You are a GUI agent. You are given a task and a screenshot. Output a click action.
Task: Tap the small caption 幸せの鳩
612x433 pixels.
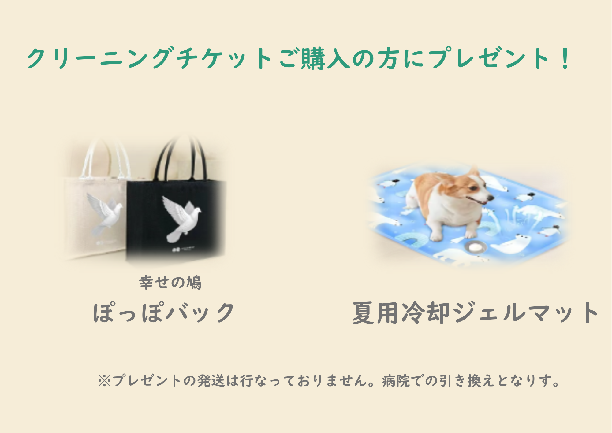[170, 282]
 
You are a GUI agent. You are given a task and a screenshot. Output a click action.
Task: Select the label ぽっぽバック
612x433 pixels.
[164, 313]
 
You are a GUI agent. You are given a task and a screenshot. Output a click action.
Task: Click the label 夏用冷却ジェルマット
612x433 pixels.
[475, 313]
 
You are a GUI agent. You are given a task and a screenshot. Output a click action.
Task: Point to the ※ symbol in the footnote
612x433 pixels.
[104, 381]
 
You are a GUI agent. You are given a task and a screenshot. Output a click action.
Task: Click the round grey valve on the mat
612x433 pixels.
[475, 246]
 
